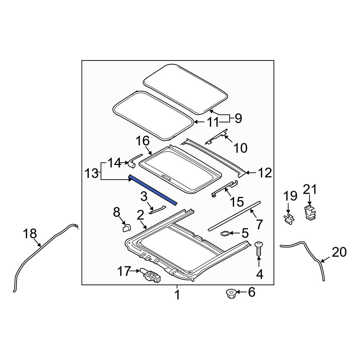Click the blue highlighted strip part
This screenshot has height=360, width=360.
pos(153,190)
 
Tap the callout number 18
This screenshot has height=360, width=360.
pos(30,234)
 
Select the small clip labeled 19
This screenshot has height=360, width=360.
pos(288,219)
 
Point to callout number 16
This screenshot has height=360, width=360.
pos(142,141)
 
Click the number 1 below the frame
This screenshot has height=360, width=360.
pos(177,296)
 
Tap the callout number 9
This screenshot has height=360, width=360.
pos(238,118)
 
